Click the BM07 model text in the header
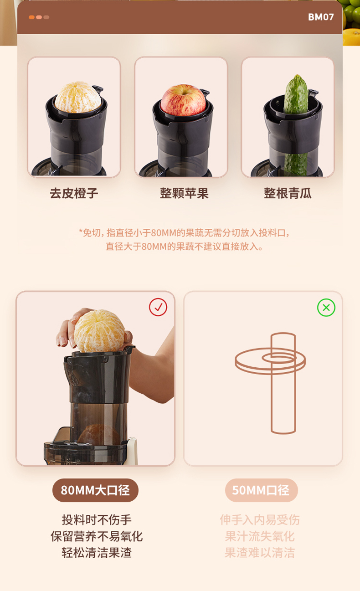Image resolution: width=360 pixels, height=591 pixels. coord(321,17)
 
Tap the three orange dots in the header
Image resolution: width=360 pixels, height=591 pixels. coord(39,17)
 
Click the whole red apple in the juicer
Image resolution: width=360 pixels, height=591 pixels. coord(183,100)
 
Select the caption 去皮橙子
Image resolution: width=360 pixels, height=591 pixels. coord(74,193)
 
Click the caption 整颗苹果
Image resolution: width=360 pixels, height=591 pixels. coord(184,193)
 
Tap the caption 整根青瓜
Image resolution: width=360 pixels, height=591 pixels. coord(288,193)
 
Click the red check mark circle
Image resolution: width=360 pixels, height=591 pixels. coord(158,307)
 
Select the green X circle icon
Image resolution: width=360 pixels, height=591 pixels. coord(326,308)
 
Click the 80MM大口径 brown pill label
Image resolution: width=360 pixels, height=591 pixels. coord(95,490)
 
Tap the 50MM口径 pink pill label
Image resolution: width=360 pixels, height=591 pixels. coord(261,490)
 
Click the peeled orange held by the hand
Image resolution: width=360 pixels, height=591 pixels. coord(99,331)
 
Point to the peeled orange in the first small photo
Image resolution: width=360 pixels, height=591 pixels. coord(78,97)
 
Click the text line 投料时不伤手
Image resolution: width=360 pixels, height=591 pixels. coord(97,520)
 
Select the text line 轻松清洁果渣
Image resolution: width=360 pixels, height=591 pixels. coord(97,552)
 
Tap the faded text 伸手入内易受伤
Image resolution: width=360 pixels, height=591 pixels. coord(260,520)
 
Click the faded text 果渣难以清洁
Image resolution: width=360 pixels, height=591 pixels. coord(260,552)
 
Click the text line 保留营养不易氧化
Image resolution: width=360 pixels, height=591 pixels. coord(97,536)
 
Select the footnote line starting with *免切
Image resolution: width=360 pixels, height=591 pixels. coord(184,233)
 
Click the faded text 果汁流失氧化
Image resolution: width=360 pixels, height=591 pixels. coord(260,536)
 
